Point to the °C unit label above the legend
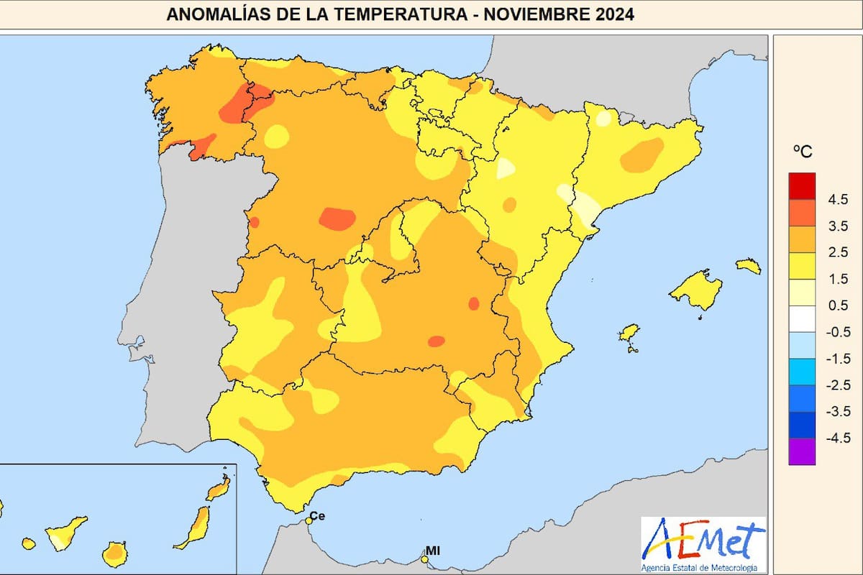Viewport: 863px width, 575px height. coord(802,152)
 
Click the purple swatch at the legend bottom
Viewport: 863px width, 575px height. coord(802,451)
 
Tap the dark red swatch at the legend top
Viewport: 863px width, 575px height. coord(802,185)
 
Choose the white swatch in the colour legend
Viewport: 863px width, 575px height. coord(802,318)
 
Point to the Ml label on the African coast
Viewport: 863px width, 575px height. coord(433,551)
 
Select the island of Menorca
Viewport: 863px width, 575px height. coord(749,266)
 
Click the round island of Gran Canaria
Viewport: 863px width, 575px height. coord(114,554)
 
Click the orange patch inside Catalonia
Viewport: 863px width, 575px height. coord(641,155)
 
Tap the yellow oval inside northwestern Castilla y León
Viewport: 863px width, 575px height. coord(276,135)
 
